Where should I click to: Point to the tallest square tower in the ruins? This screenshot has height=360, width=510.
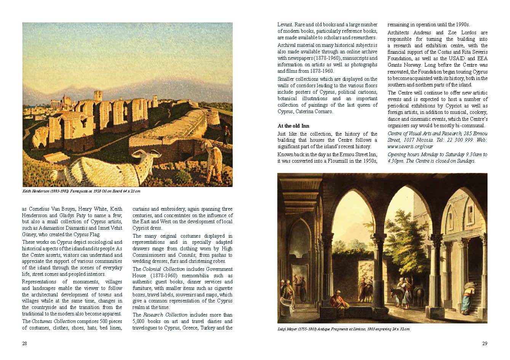tap(98, 96)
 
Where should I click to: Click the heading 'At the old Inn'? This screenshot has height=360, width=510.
tap(293, 126)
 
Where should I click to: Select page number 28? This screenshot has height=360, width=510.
tap(24, 343)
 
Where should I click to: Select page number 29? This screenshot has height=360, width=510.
tap(484, 343)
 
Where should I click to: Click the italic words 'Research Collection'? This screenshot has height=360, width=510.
tap(165, 315)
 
